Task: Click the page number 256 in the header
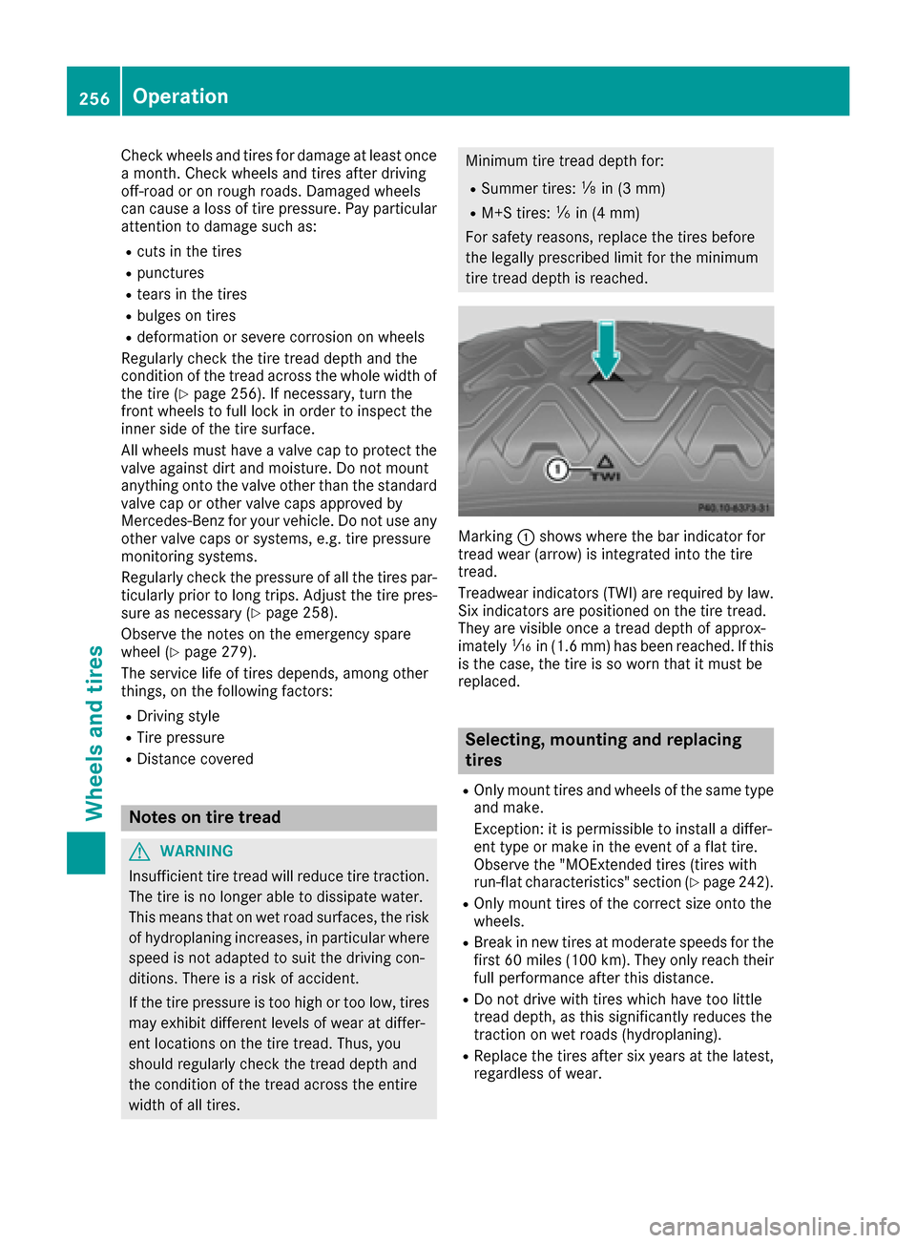pos(94,98)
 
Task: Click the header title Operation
pos(180,96)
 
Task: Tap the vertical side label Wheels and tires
pos(94,733)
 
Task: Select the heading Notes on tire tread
pos(205,817)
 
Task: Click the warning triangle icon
pos(141,851)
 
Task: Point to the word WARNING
pos(197,851)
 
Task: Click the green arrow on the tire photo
pos(606,349)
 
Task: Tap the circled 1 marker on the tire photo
pos(557,469)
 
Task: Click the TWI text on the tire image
pos(606,474)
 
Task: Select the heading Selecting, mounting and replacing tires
pos(603,750)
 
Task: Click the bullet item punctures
pos(170,273)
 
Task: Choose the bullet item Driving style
pos(177,716)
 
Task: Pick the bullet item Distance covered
pos(195,759)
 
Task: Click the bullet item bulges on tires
pos(186,316)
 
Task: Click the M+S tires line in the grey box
pos(560,213)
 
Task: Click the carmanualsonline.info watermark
pos(774,1226)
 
